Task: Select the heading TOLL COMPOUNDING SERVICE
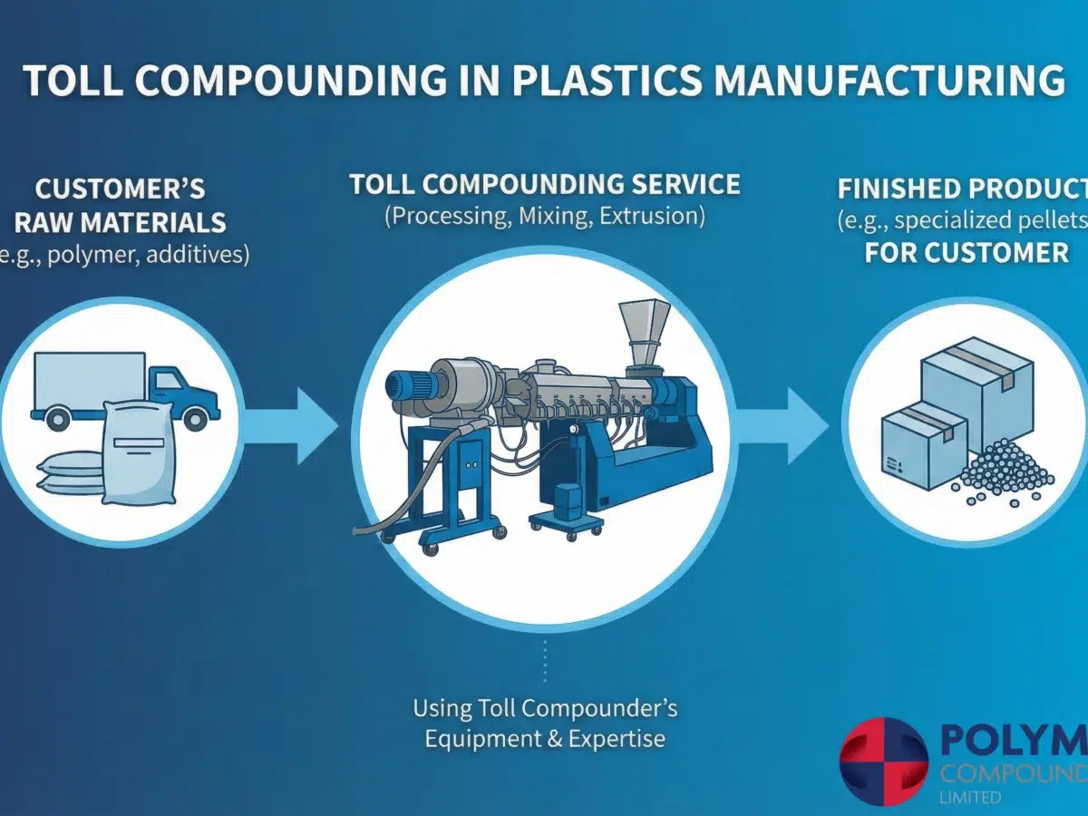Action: pos(545,185)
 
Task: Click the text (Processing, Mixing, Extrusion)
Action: pos(545,218)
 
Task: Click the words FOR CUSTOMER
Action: pos(967,252)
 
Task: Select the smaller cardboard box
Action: pos(923,445)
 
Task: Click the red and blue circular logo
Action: pos(883,763)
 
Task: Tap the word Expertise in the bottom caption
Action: pos(617,739)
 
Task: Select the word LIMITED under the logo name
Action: pos(970,798)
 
